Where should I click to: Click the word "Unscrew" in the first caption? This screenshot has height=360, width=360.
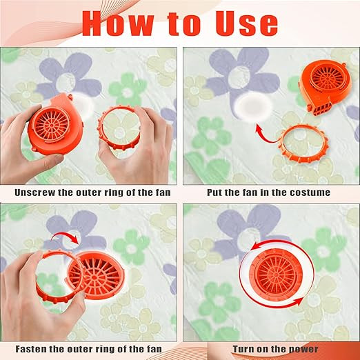[x=34, y=192]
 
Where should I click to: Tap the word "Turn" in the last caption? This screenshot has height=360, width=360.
[x=243, y=349]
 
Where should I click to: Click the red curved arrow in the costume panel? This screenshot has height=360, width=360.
[x=263, y=137]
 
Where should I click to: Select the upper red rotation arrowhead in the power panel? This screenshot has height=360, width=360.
[x=254, y=247]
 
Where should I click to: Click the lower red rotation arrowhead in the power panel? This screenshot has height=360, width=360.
[x=299, y=301]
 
